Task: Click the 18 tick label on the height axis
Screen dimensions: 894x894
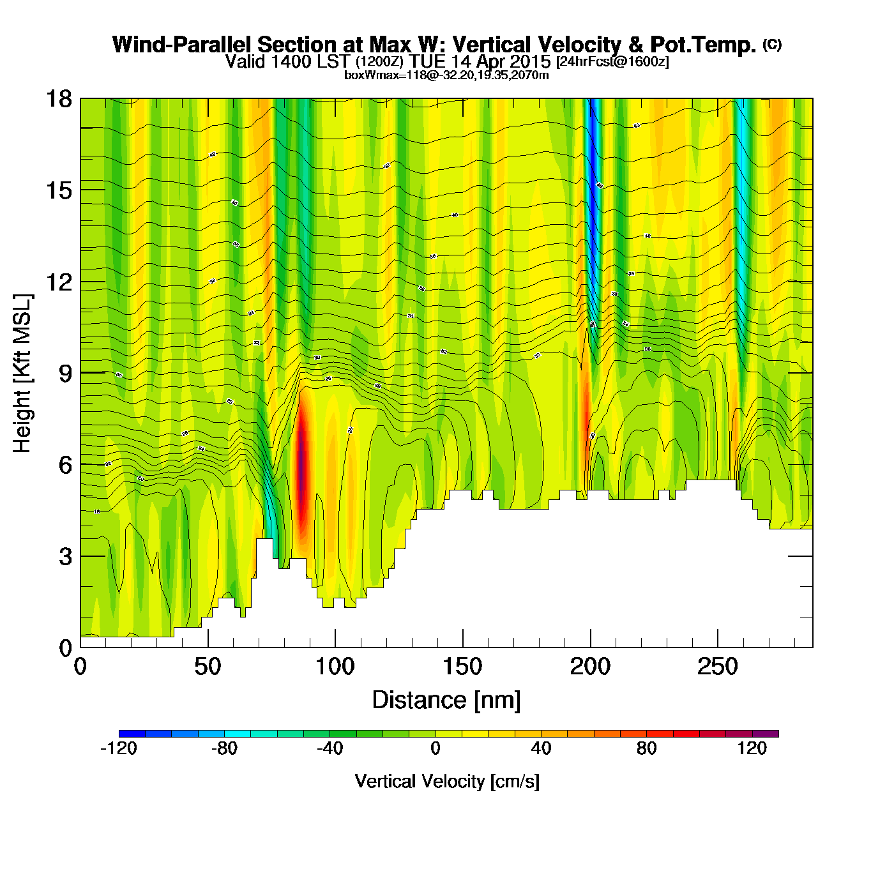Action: click(x=58, y=99)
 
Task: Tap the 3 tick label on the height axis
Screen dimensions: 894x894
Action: click(x=66, y=556)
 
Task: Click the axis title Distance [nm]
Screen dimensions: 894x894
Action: click(x=446, y=701)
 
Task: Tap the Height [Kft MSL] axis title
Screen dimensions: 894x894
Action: click(x=22, y=374)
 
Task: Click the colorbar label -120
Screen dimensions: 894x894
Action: click(x=119, y=748)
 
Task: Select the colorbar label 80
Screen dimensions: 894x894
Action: click(x=646, y=748)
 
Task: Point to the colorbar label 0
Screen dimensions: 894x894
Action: click(x=436, y=748)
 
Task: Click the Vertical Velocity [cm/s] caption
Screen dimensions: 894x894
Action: click(x=447, y=782)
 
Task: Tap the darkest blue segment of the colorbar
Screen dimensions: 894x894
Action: click(x=132, y=734)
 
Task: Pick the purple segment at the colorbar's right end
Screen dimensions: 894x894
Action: click(x=766, y=734)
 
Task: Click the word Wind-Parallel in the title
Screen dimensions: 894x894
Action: click(x=183, y=45)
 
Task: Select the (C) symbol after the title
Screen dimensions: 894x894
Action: click(x=771, y=44)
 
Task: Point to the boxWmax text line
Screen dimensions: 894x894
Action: click(x=446, y=75)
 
